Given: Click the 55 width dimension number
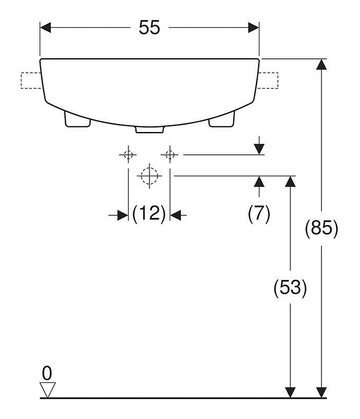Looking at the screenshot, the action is point(149,27).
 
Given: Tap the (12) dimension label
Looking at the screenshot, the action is point(149,214).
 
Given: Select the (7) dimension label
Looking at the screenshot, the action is point(259,214).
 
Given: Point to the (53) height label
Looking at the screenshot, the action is point(290,288).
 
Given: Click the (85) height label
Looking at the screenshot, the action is point(322,229).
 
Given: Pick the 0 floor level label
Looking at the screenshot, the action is point(47,373).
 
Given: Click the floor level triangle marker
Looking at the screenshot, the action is point(48,390).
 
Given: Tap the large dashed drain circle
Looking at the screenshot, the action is point(149,176).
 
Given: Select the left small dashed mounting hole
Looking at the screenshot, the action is point(129,154).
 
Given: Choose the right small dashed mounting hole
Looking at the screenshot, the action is point(170,154).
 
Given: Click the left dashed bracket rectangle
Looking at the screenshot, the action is point(31,80).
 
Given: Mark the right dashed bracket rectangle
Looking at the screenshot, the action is point(268,80).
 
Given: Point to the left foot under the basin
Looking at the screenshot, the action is point(77,119).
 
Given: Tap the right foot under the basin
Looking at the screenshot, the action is point(222,119).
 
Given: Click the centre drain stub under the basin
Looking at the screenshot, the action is point(149,130).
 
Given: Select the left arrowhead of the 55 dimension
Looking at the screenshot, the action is point(45,27).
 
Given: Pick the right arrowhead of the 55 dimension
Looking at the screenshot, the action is point(254,27).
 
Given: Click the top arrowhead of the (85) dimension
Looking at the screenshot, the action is point(321,64).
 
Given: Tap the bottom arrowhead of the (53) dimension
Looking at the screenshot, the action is point(290,392).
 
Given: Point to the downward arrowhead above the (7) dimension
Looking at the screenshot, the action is point(259,149).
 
